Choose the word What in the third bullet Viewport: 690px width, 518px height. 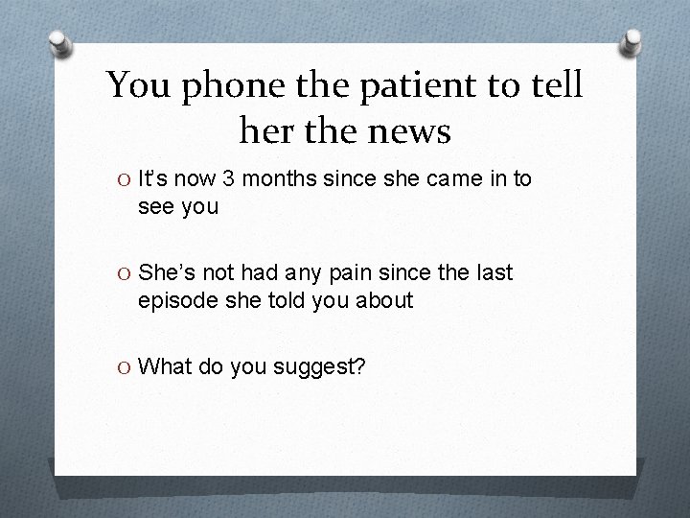click(165, 366)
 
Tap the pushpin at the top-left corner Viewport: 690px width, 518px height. click(60, 45)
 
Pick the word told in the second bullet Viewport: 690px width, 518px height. click(282, 300)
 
